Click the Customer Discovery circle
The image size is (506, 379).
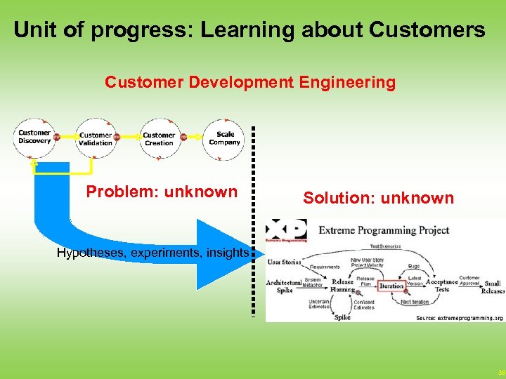pos(34,137)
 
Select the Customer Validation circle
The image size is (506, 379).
pos(96,139)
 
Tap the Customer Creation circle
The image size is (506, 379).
pos(159,139)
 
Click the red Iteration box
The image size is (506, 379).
pos(391,286)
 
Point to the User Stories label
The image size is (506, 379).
pos(284,262)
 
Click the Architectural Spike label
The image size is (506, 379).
pos(283,286)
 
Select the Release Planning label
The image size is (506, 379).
pos(342,286)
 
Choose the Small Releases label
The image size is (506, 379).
pos(493,287)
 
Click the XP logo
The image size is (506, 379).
pos(287,231)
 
